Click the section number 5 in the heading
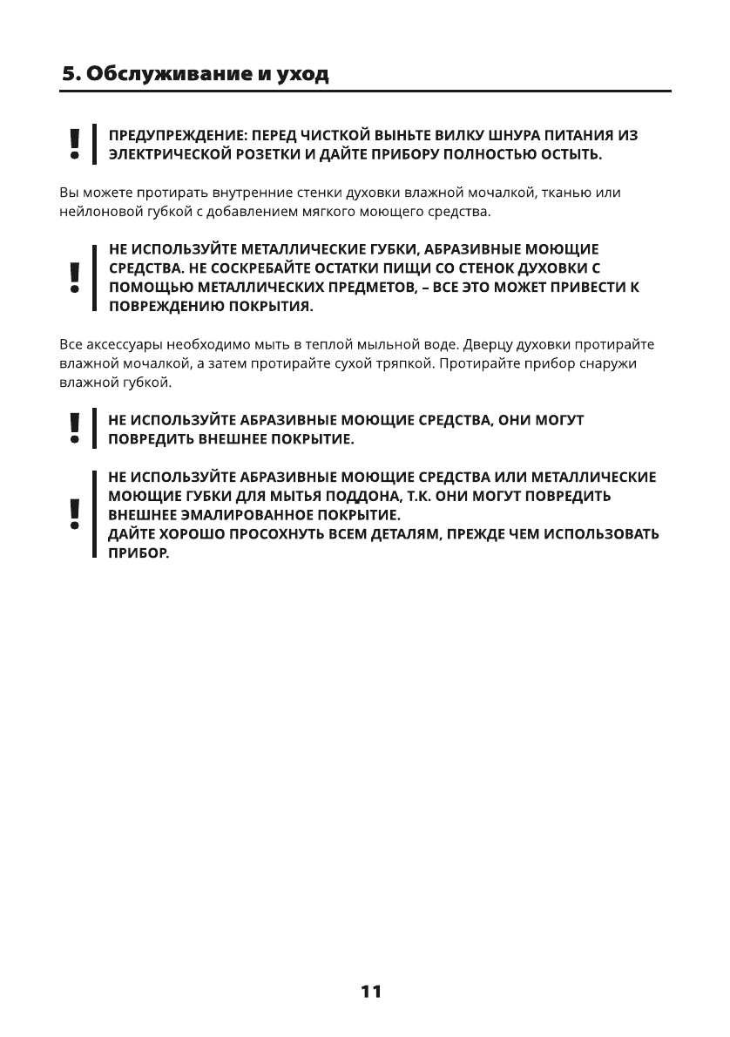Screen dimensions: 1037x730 point(68,74)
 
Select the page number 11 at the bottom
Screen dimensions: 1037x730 point(370,992)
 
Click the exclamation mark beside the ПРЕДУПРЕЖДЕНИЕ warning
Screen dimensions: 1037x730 point(76,145)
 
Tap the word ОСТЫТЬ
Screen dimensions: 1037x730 point(571,155)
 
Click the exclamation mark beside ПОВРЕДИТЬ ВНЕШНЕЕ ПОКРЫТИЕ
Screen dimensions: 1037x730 point(76,429)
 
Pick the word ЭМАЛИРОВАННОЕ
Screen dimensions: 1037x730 point(241,515)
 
